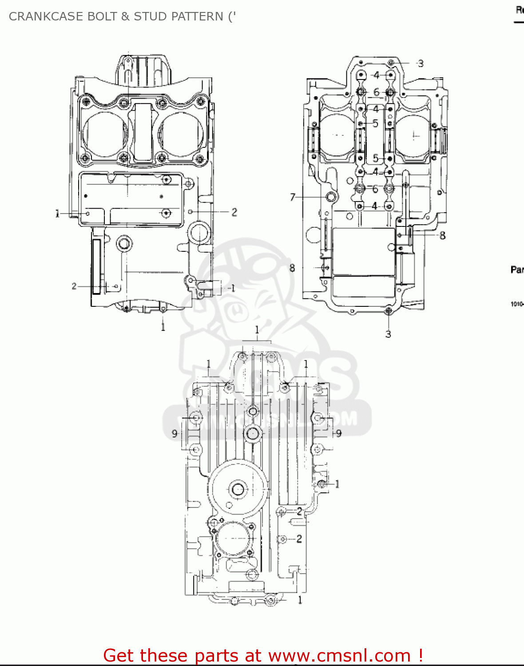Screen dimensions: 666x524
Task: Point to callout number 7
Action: (x=293, y=197)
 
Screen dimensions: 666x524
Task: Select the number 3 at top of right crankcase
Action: (x=421, y=63)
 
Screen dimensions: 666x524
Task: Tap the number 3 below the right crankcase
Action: (x=388, y=334)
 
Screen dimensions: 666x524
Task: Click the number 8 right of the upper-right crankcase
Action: (x=442, y=235)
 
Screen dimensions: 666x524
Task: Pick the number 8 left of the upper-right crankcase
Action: (x=292, y=268)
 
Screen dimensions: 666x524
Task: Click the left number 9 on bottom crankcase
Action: (x=175, y=433)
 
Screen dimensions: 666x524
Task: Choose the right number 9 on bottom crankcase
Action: (x=339, y=433)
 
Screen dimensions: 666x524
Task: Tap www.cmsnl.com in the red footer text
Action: (x=340, y=655)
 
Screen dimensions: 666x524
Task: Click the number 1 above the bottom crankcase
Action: (x=257, y=330)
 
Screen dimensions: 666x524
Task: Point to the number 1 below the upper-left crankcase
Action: (x=163, y=327)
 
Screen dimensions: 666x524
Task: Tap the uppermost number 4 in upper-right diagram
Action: (x=376, y=75)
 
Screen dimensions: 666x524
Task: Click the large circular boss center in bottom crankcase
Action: (x=238, y=489)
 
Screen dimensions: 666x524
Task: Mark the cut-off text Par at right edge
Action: (x=517, y=270)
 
